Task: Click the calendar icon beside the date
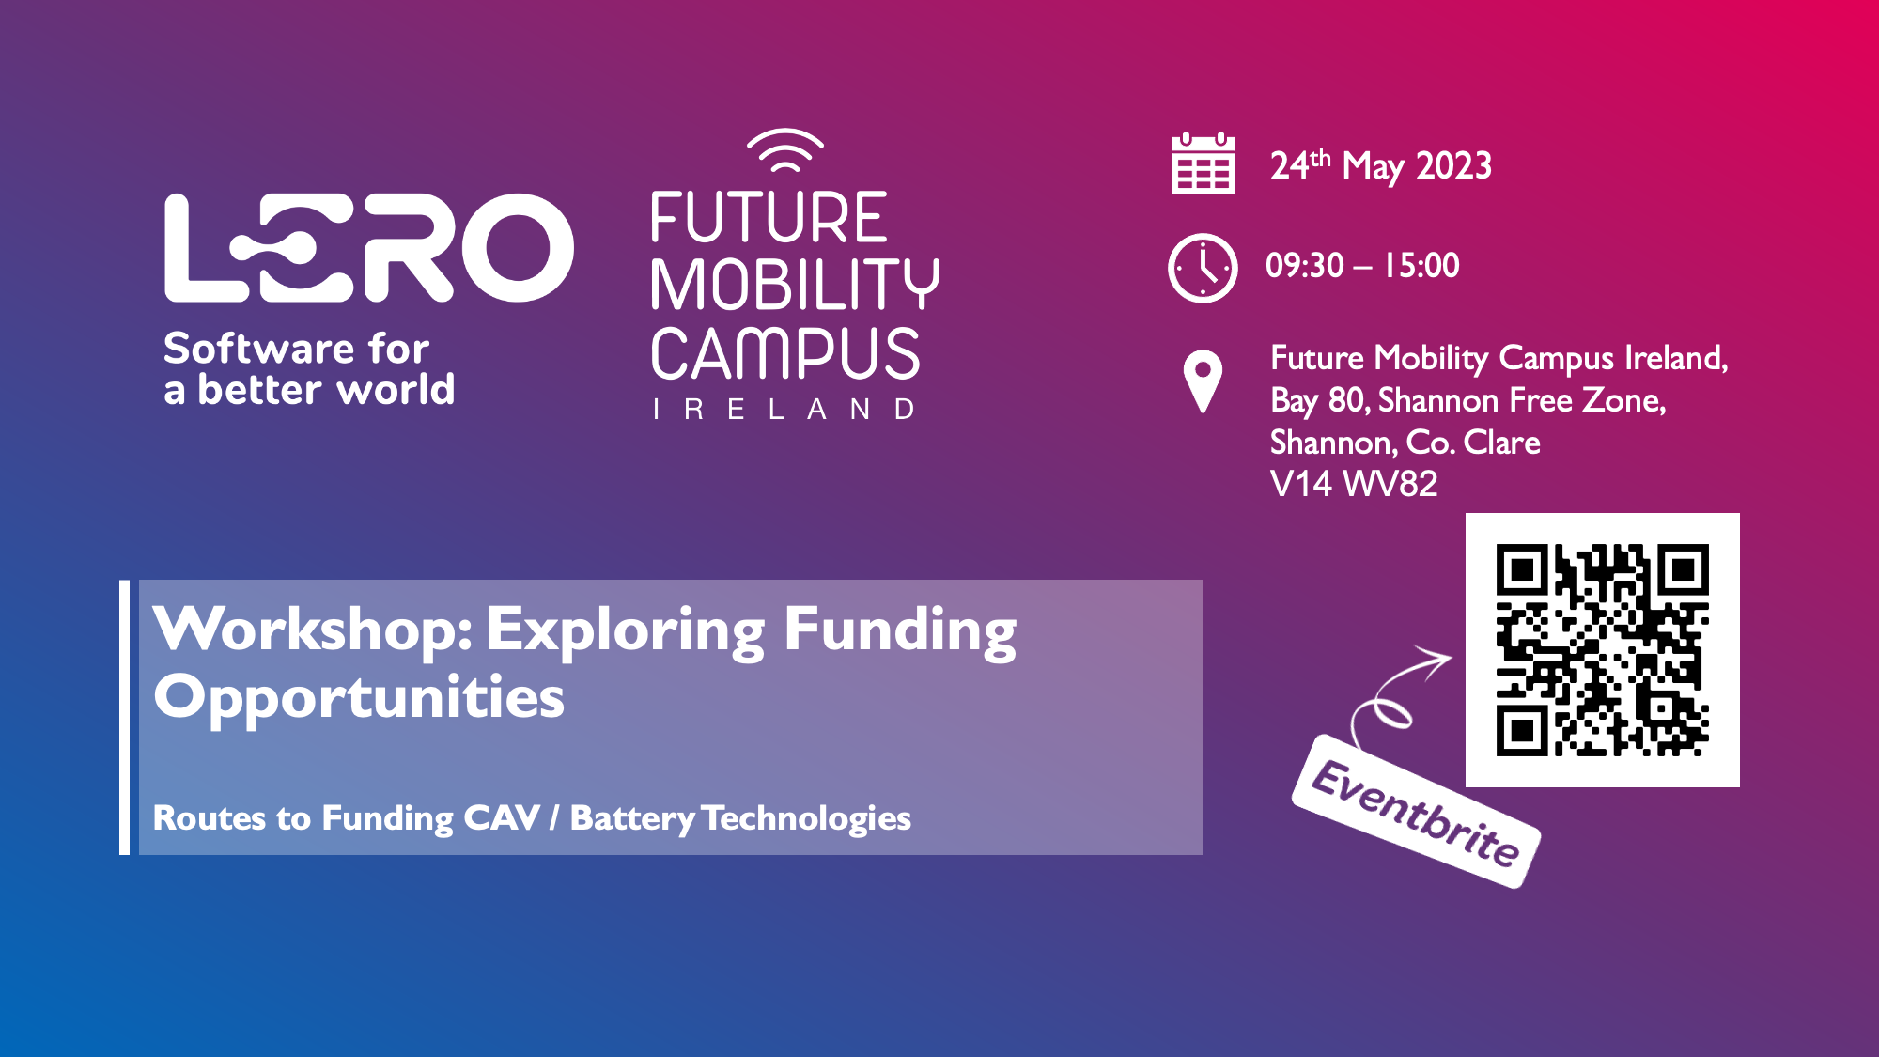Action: (x=1203, y=164)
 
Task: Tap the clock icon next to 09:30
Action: (x=1203, y=268)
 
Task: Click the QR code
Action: (x=1602, y=650)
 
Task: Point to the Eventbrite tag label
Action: (x=1416, y=812)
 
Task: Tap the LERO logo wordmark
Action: (x=368, y=248)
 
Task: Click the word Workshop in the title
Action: (x=312, y=629)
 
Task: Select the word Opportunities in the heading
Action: (x=359, y=698)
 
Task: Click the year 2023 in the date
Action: (x=1453, y=166)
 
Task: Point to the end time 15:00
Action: (x=1421, y=266)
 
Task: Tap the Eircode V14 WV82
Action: (x=1353, y=484)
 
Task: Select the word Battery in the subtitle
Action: (x=632, y=818)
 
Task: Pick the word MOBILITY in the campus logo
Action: (x=794, y=285)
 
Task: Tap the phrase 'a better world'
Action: (x=309, y=390)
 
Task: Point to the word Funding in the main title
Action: (x=899, y=630)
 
